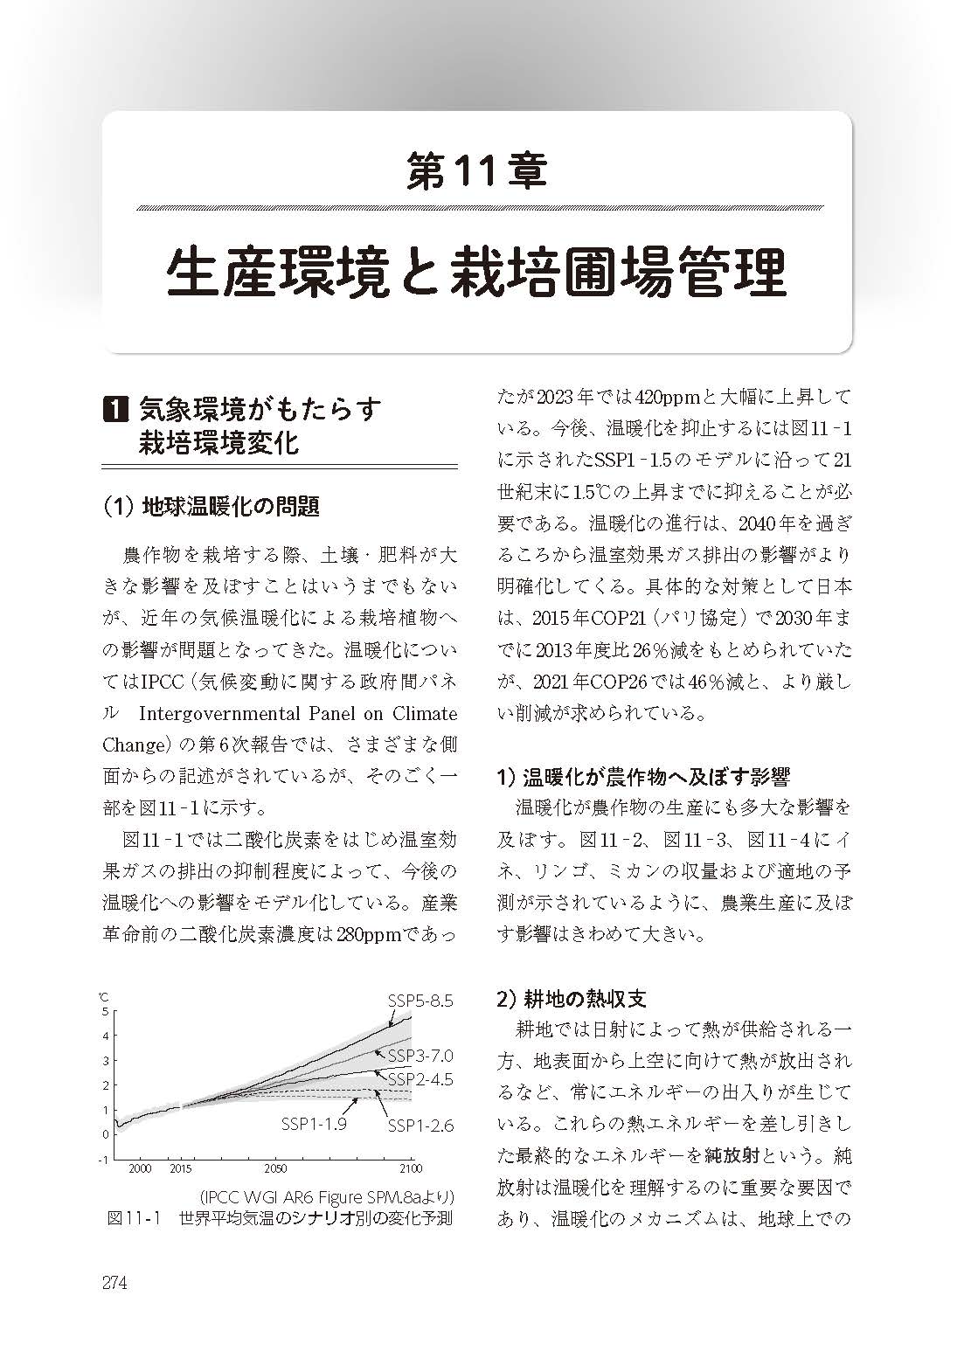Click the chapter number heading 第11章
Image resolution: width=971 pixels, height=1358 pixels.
tap(477, 171)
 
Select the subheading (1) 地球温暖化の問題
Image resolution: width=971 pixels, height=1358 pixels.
tap(211, 505)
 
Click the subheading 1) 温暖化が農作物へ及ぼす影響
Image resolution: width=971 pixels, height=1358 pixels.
tap(643, 775)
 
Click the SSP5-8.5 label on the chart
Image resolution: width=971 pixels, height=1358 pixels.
tap(420, 1001)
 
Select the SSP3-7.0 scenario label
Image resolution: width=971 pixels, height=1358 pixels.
tap(420, 1055)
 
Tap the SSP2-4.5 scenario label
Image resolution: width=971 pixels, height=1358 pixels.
tap(420, 1078)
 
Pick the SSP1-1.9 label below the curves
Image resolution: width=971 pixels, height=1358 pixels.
tap(314, 1124)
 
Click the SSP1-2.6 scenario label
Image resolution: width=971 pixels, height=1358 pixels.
tap(420, 1126)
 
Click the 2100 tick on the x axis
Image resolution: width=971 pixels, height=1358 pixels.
tap(411, 1168)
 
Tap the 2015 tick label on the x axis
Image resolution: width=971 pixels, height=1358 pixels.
tap(181, 1168)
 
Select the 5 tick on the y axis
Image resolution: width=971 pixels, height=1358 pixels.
tap(105, 1012)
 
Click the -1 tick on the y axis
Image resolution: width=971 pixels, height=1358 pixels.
tap(104, 1160)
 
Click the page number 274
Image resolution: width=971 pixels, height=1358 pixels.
tap(115, 1284)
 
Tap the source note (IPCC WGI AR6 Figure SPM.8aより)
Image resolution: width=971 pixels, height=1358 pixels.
tap(329, 1195)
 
